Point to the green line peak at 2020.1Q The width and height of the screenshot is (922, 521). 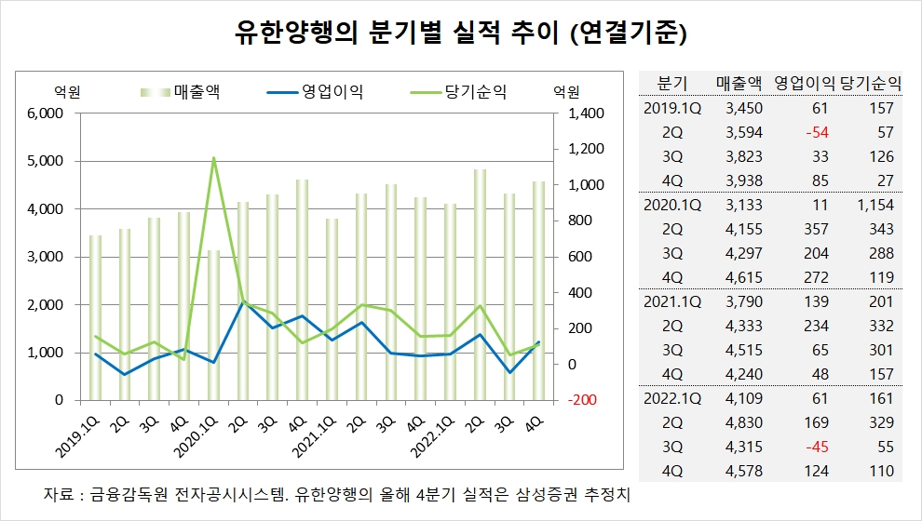tap(214, 158)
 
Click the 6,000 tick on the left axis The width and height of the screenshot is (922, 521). tap(43, 114)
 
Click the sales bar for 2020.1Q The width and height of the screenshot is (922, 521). tap(214, 325)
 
